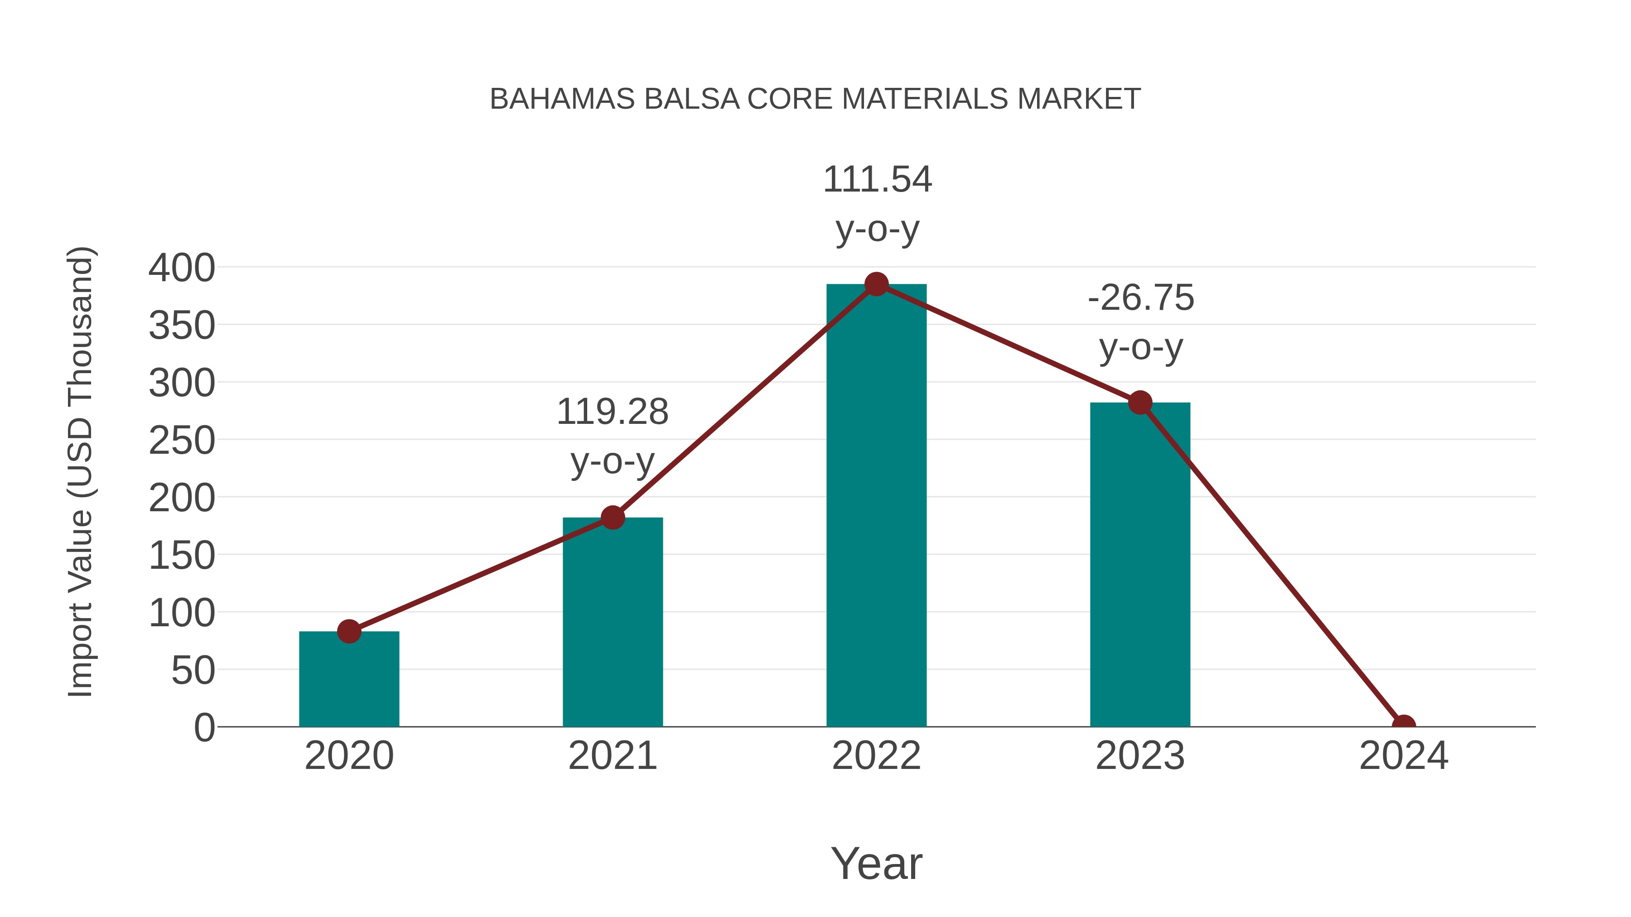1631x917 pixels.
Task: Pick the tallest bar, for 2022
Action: point(876,506)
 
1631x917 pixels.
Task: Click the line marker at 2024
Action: point(1404,725)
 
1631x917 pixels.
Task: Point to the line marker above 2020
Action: point(349,631)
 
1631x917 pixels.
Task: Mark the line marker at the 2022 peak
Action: point(876,284)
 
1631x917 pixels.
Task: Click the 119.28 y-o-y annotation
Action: point(612,436)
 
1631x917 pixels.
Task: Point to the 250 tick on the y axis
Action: point(182,441)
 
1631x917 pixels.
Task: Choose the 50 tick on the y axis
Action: point(193,670)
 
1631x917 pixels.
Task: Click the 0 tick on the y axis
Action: point(204,728)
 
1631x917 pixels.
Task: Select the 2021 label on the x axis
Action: point(612,756)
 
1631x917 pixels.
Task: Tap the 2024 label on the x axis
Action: point(1404,756)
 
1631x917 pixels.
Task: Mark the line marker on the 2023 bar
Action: point(1140,403)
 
